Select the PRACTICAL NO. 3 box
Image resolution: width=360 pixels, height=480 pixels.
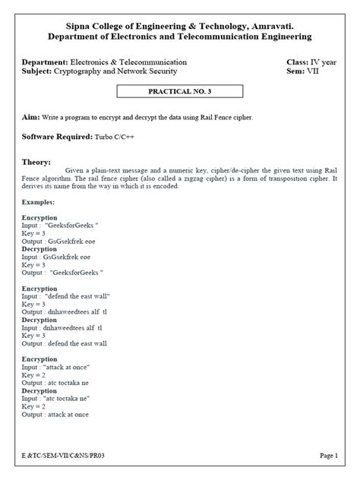point(179,92)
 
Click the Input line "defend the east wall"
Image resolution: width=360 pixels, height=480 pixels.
point(67,296)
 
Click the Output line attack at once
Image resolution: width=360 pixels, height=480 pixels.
point(55,414)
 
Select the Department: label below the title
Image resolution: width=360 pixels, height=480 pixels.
point(45,61)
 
